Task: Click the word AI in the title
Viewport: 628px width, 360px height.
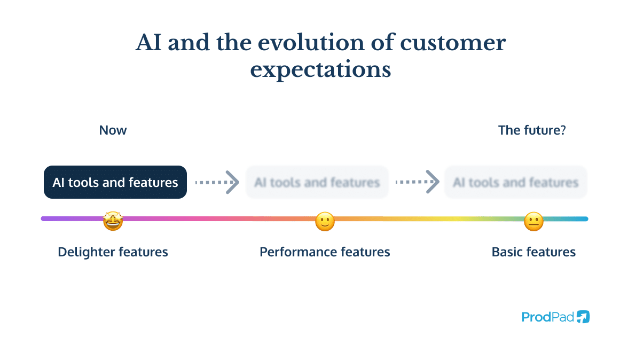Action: (148, 43)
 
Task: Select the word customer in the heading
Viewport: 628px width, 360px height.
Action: (453, 43)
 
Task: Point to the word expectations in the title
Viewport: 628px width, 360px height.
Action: (320, 70)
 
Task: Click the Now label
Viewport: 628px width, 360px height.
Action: (113, 130)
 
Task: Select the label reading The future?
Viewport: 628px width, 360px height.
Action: (531, 130)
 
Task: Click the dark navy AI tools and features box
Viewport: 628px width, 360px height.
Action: (115, 183)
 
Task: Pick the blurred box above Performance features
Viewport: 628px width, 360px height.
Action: (317, 183)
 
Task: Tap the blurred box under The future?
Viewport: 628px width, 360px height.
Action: (515, 183)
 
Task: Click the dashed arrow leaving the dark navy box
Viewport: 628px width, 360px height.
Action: (216, 182)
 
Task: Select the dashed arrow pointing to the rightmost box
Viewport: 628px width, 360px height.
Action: (417, 182)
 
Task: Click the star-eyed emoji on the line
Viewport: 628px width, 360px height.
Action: (113, 221)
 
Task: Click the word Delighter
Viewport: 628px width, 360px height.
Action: (85, 252)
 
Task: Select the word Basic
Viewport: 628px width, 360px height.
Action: (507, 252)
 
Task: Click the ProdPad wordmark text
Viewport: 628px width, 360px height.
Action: (547, 317)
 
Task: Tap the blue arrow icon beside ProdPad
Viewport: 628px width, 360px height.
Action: (583, 317)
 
